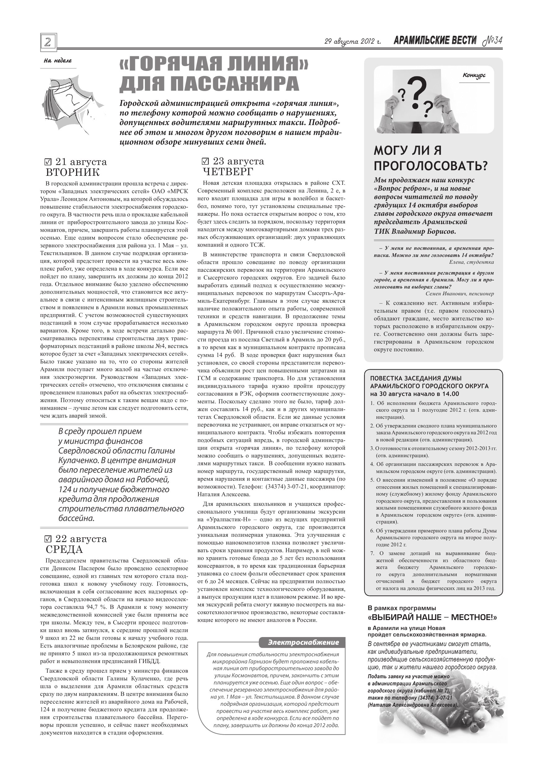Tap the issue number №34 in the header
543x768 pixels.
tap(493, 41)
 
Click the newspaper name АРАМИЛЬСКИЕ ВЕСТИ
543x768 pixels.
tap(435, 41)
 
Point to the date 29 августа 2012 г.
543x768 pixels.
tap(353, 41)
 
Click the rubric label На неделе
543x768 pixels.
tap(58, 61)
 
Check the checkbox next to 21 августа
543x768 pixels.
tap(48, 162)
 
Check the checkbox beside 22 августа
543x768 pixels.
tap(48, 539)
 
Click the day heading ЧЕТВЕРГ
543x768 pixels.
tap(228, 172)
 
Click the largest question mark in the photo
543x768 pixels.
tap(417, 94)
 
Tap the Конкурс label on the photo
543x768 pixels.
tap(474, 76)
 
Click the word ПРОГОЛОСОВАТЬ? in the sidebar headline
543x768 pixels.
tap(430, 166)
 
